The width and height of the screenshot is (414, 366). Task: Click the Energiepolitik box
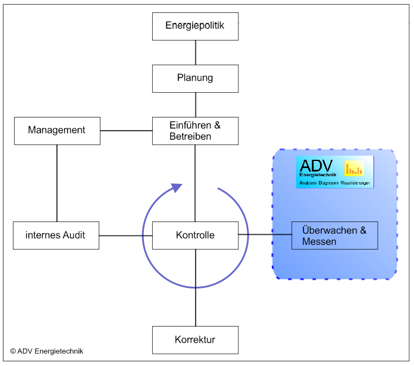(195, 26)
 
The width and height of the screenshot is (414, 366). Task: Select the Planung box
(195, 78)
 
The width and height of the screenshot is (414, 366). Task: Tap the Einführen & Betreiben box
(195, 130)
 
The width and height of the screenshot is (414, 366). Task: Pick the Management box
(57, 130)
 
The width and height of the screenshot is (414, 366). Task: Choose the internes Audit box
(56, 235)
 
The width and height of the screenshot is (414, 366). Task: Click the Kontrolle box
(195, 235)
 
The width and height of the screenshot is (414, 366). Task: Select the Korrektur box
(195, 340)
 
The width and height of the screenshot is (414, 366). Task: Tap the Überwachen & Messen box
(334, 236)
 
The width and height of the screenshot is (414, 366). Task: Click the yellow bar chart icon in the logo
(354, 169)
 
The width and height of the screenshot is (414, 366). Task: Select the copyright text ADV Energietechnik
(47, 351)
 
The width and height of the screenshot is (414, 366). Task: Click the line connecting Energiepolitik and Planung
(196, 52)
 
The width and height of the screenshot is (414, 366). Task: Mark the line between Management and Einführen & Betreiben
(126, 130)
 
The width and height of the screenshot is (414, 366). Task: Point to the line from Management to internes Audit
(57, 183)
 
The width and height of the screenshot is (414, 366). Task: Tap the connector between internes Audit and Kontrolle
(126, 235)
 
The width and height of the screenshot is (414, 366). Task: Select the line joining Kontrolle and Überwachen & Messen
(265, 235)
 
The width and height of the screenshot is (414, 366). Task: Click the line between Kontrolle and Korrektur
(196, 288)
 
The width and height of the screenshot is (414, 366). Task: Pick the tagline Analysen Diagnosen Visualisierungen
(335, 183)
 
